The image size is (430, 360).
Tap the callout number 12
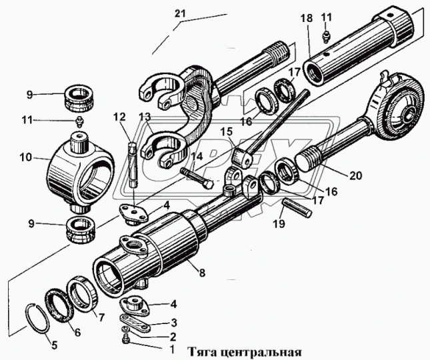tap(119, 117)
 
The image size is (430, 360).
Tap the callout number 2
tap(173, 337)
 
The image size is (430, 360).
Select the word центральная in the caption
tap(259, 351)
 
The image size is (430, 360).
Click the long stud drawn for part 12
tap(132, 167)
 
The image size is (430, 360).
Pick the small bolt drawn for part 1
tap(126, 341)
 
